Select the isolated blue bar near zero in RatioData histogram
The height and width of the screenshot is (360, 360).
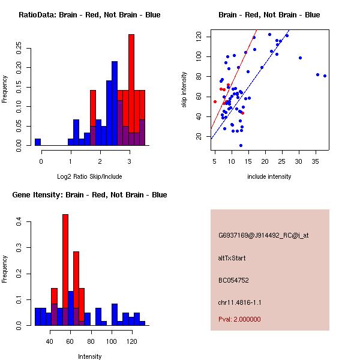[38, 142]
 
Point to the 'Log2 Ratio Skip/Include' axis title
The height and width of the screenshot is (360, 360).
[90, 176]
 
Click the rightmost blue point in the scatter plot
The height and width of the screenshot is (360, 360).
[325, 76]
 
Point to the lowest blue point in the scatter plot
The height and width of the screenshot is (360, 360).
[241, 145]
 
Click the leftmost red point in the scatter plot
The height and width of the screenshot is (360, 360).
[215, 101]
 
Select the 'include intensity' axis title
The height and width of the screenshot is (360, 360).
[269, 176]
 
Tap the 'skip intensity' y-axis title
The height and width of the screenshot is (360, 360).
[184, 90]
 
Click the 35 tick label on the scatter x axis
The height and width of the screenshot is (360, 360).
[317, 160]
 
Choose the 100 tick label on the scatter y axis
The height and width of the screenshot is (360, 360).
[199, 56]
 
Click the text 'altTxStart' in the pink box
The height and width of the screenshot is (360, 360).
[232, 258]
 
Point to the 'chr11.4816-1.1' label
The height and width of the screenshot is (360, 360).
[239, 302]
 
